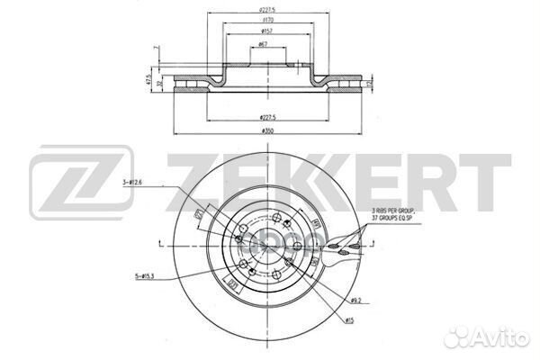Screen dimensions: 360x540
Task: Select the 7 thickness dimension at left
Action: [x=156, y=47]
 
